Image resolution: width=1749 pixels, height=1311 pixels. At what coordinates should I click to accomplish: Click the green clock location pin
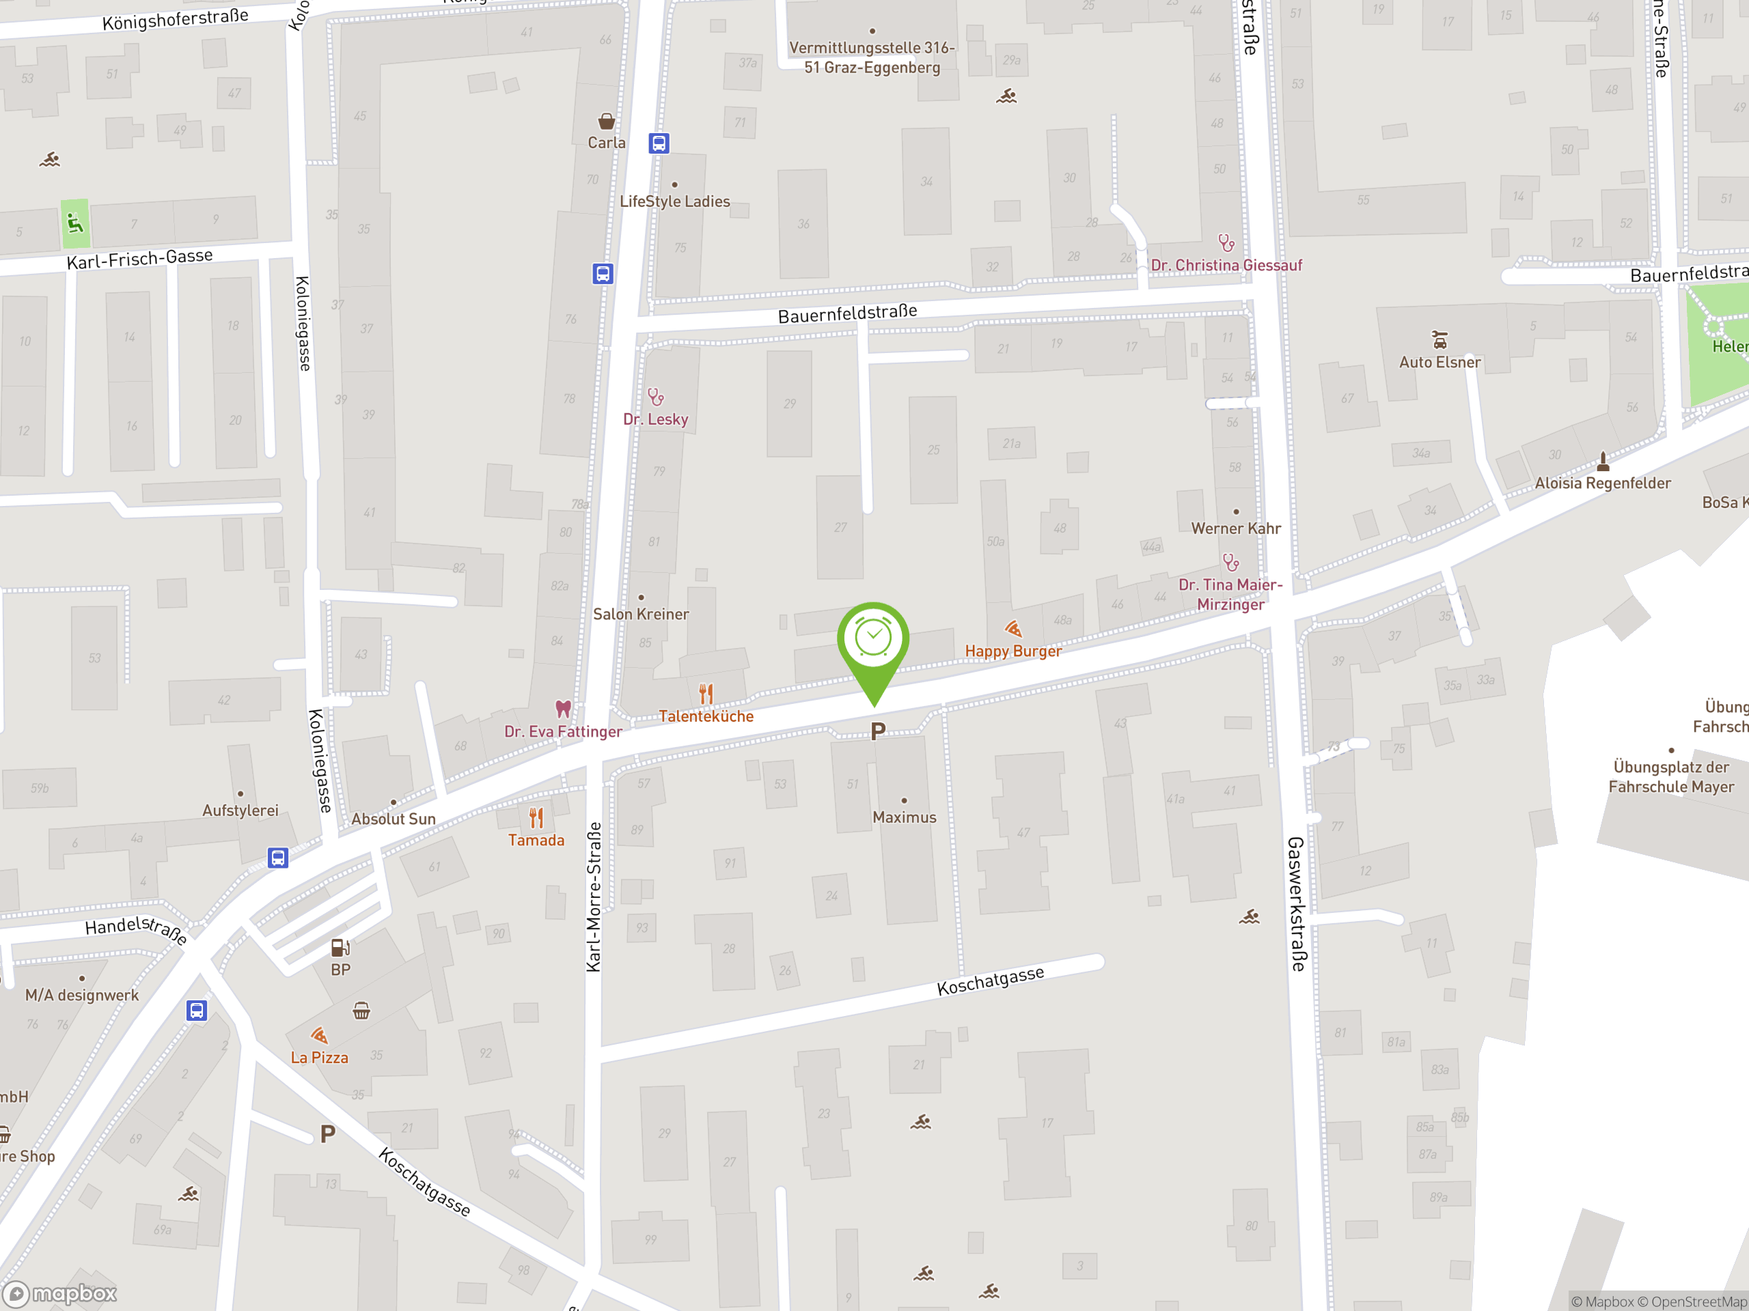pyautogui.click(x=873, y=639)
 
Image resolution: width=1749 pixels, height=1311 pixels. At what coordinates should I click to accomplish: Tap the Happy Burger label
pyautogui.click(x=1013, y=651)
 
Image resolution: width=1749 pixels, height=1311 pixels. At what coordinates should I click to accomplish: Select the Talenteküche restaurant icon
pyautogui.click(x=706, y=694)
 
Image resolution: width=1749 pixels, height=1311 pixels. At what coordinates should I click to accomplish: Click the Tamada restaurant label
pyautogui.click(x=536, y=840)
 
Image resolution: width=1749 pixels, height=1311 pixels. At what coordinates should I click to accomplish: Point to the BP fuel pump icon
pyautogui.click(x=340, y=946)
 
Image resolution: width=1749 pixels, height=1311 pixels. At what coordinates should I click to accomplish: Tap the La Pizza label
pyautogui.click(x=320, y=1057)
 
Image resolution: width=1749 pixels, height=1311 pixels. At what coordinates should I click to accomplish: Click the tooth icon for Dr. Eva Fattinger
pyautogui.click(x=563, y=708)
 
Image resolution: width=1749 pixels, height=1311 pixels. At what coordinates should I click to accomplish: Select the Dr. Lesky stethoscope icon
pyautogui.click(x=655, y=397)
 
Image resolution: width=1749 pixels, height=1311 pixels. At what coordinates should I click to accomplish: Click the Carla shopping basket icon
pyautogui.click(x=607, y=121)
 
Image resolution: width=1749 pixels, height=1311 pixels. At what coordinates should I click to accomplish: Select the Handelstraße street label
pyautogui.click(x=136, y=929)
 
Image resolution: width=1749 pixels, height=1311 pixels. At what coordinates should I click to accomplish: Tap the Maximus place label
pyautogui.click(x=904, y=817)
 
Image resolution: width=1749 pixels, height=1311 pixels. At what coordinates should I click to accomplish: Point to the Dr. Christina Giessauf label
pyautogui.click(x=1226, y=266)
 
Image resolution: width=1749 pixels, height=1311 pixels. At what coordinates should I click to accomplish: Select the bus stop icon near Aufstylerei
pyautogui.click(x=277, y=858)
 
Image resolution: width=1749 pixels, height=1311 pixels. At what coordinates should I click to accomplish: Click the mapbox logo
pyautogui.click(x=61, y=1294)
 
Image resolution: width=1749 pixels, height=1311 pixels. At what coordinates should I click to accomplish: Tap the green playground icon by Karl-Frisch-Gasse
pyautogui.click(x=75, y=224)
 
